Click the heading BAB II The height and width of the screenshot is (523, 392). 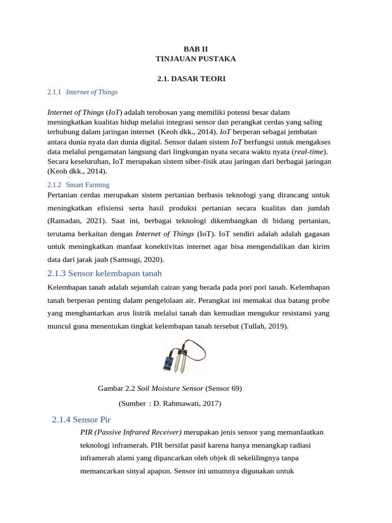coord(196,49)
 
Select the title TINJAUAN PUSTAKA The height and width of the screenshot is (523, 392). coord(196,59)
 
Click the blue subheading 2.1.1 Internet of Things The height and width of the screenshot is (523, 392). coord(82,92)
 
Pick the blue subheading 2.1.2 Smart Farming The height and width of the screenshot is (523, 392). coord(78,184)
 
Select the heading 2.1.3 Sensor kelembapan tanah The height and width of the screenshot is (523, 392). coord(104,273)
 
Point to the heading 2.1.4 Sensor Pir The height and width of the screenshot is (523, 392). coord(82,420)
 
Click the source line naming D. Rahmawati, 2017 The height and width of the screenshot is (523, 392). coord(169,403)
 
